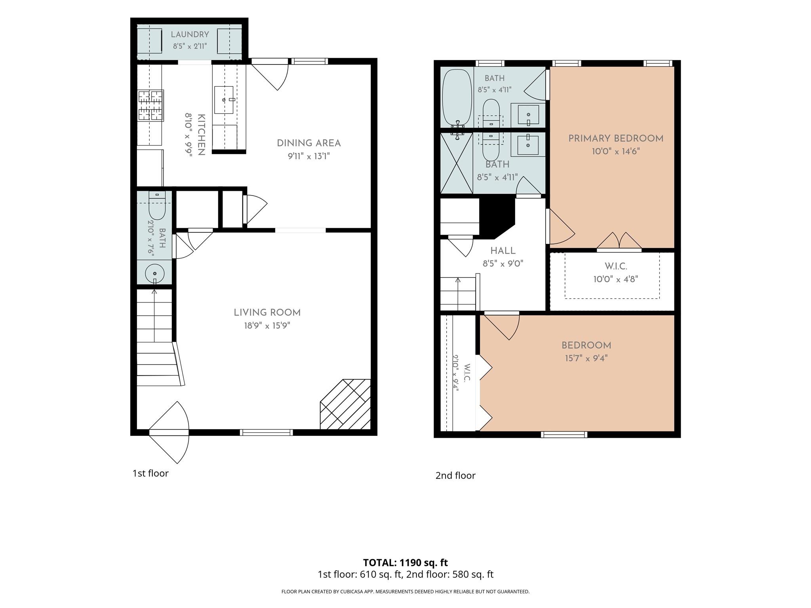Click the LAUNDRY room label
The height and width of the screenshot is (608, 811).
[x=190, y=34]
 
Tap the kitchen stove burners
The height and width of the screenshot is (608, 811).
[x=150, y=105]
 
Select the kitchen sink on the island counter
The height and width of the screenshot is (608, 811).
[x=224, y=100]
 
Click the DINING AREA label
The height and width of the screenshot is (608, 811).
[x=308, y=143]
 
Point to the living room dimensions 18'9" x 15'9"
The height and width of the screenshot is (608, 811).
[x=267, y=326]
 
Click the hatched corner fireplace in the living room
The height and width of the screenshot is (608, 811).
[x=345, y=404]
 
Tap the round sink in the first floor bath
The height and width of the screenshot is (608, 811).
[x=155, y=274]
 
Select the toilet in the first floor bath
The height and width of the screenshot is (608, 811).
[x=157, y=205]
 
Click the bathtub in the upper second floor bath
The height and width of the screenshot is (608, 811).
[x=457, y=98]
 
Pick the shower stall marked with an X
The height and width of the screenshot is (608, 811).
[x=457, y=163]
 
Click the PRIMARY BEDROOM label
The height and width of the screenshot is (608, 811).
[x=616, y=139]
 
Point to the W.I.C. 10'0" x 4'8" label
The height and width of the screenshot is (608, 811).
[x=616, y=273]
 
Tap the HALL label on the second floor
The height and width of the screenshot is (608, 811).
[x=503, y=251]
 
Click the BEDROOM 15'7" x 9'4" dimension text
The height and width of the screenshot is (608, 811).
[x=586, y=359]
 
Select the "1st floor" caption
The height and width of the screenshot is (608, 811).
[x=150, y=473]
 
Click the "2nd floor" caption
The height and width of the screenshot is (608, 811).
[x=455, y=475]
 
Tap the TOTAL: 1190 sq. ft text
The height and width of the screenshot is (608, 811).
[x=405, y=562]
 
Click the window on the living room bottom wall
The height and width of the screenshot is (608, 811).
[x=267, y=432]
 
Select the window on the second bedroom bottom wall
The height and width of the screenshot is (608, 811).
[x=564, y=434]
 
